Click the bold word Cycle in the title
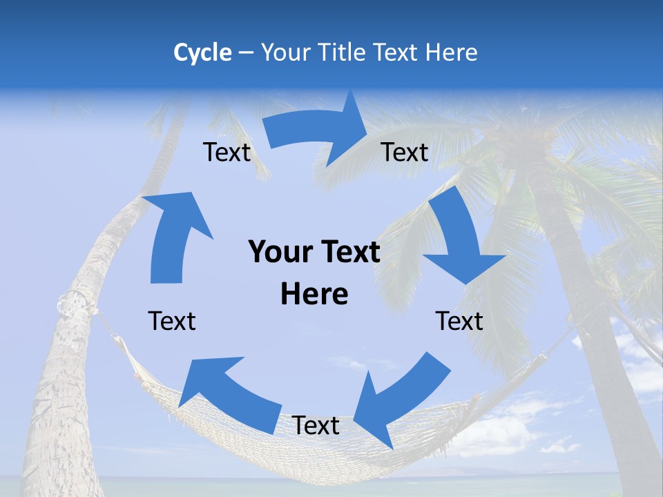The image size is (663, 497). tap(202, 52)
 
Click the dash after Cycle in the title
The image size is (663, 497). tap(245, 53)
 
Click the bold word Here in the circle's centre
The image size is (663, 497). tap(314, 295)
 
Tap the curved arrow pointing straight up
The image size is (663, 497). tap(173, 235)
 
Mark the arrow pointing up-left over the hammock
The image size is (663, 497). tap(228, 393)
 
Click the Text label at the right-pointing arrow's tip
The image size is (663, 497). tap(405, 153)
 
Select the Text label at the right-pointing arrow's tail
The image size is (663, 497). tap(227, 153)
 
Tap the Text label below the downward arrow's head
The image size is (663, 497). tap(459, 321)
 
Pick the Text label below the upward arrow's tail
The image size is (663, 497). tap(172, 321)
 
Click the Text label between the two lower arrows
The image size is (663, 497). tap(316, 425)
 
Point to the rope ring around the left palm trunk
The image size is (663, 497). tap(74, 304)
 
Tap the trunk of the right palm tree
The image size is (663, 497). tap(587, 311)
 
